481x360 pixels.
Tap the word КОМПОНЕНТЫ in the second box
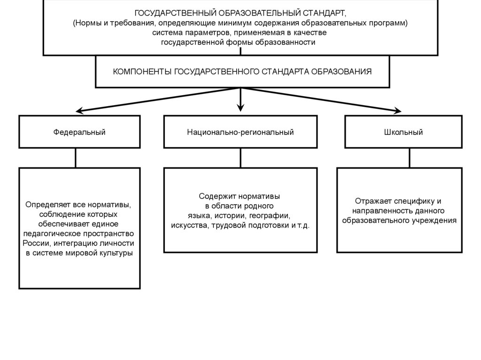click(x=143, y=72)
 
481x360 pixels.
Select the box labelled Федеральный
click(x=79, y=132)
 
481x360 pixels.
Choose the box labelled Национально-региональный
click(x=240, y=132)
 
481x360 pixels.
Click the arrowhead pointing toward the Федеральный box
click(x=80, y=111)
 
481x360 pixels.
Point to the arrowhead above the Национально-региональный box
click(x=240, y=107)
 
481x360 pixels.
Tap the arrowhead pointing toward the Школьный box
click(x=397, y=111)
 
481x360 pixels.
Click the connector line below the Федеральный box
click(x=76, y=158)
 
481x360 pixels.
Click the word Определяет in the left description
click(x=46, y=205)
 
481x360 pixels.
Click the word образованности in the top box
click(x=286, y=42)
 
